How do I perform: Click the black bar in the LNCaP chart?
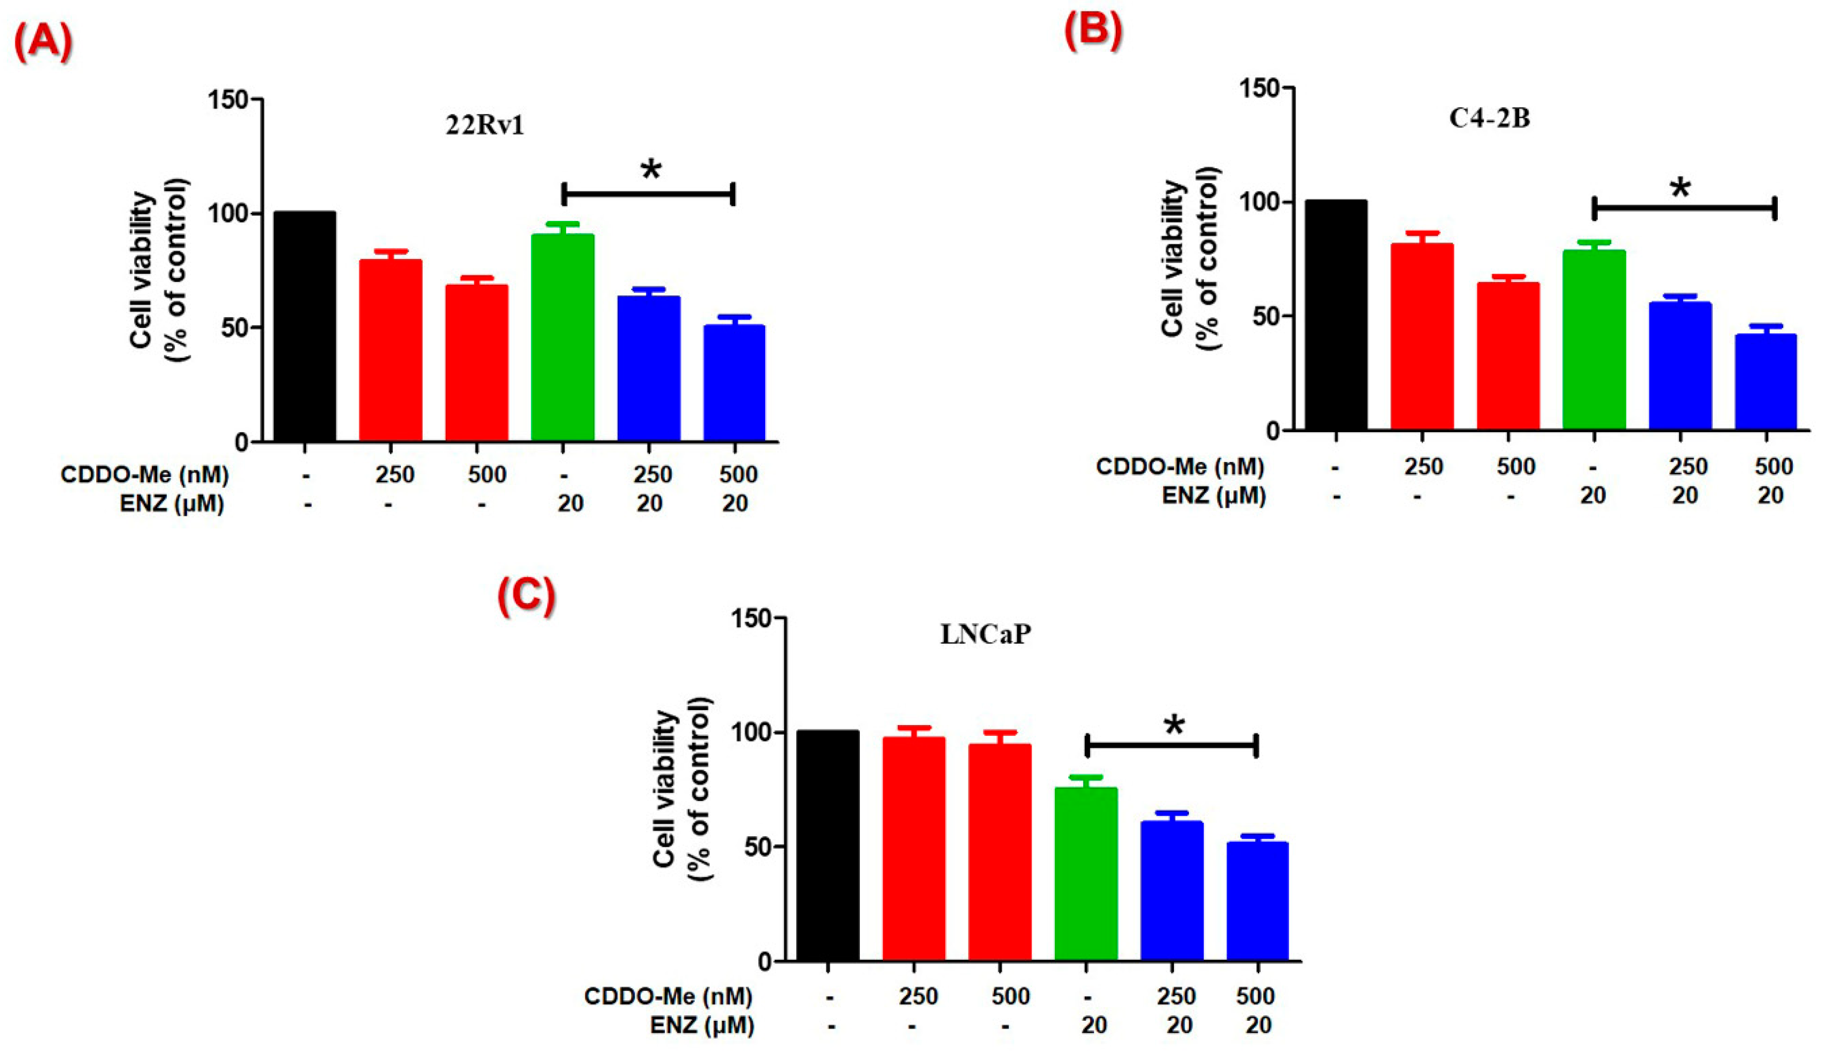828,846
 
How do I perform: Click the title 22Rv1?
484,126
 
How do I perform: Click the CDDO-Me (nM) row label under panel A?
144,475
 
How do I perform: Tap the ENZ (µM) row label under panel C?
702,1025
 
